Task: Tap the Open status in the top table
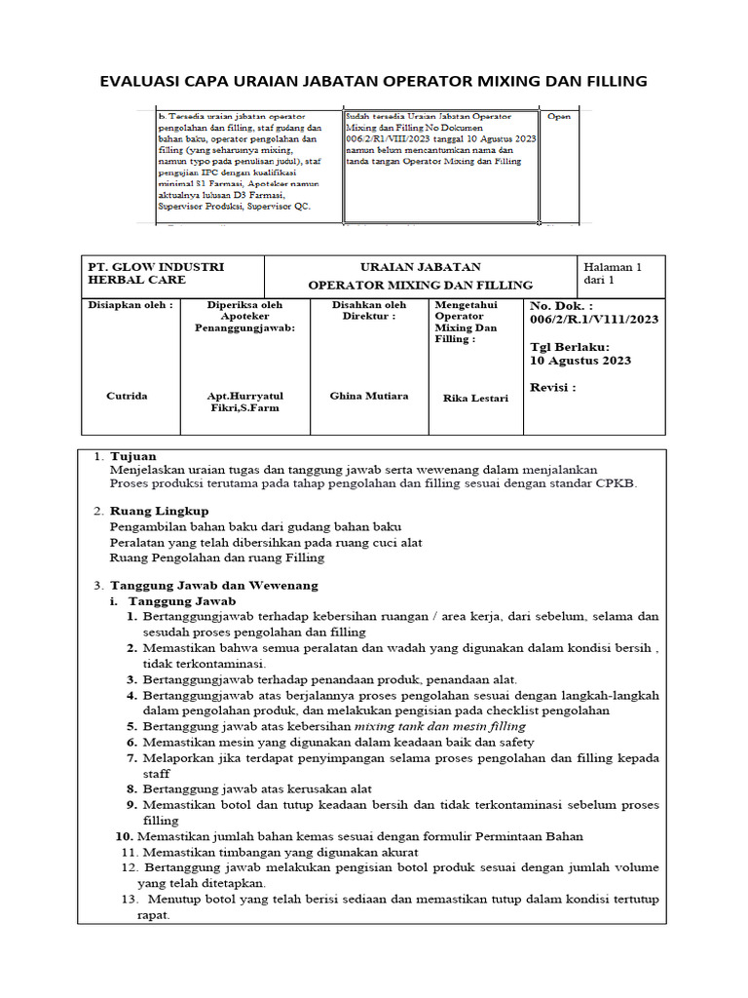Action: (x=559, y=116)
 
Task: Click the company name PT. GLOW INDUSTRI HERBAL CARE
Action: (x=156, y=274)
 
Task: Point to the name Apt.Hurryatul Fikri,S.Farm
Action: (x=243, y=402)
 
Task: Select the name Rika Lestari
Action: (x=472, y=398)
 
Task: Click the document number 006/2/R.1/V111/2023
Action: (x=594, y=318)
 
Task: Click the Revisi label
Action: (x=552, y=387)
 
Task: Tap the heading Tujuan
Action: (x=132, y=456)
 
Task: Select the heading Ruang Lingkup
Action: (x=159, y=511)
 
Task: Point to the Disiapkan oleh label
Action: (x=131, y=304)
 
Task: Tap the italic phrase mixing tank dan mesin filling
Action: (x=440, y=726)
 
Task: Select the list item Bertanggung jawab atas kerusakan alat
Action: (x=257, y=788)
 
